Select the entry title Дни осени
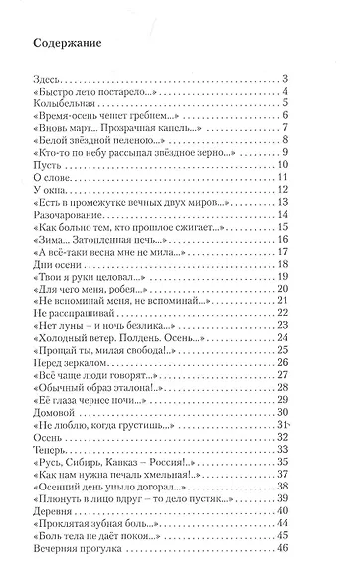click(57, 254)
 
